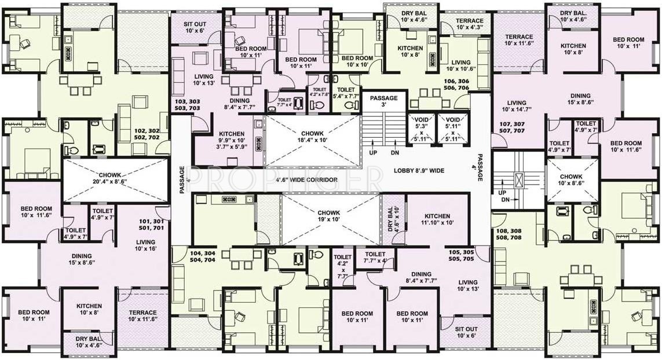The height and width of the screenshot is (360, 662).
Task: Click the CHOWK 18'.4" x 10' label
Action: pyautogui.click(x=312, y=137)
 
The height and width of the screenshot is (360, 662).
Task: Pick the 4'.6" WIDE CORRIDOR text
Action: pyautogui.click(x=306, y=180)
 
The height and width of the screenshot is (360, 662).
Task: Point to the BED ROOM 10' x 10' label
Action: pyautogui.click(x=357, y=62)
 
